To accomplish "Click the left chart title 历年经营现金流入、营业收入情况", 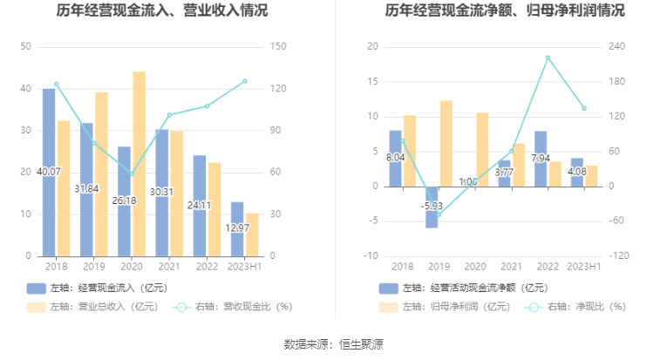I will coord(162,11).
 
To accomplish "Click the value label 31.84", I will coord(87,189).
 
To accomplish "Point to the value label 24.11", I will coord(201,206).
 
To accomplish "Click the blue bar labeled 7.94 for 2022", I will coord(541,158).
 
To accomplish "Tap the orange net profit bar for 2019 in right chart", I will coord(446,143).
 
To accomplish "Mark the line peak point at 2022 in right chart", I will coord(548,58).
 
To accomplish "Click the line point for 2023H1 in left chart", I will coord(245,81).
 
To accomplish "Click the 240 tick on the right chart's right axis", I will coord(618,46).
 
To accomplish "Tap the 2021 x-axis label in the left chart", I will coord(169,268).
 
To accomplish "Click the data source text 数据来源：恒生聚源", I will coord(333,344).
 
